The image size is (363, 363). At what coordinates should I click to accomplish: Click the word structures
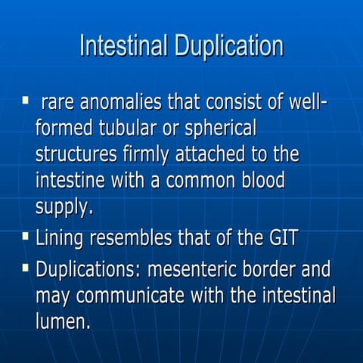pos(77,155)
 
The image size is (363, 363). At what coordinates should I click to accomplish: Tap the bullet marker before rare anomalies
pos(25,101)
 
